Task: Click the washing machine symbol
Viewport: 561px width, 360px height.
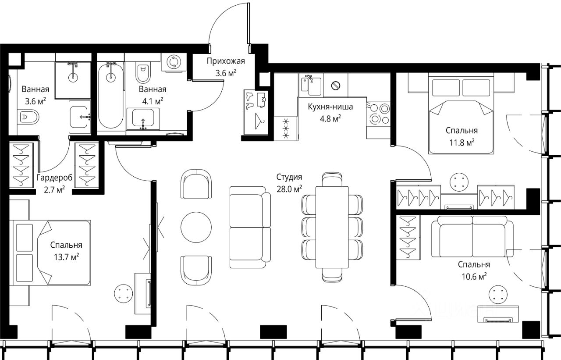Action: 174,62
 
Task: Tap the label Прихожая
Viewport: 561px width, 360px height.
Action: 226,61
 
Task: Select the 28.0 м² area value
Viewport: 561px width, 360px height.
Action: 289,189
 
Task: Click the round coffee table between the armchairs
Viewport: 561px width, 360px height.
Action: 196,227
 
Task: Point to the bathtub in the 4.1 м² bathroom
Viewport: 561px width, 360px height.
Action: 110,95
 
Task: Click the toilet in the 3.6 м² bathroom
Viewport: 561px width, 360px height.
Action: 29,117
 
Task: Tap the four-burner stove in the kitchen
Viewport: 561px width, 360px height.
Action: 378,114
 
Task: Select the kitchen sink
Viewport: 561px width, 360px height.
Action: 311,85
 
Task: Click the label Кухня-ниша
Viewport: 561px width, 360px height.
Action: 330,107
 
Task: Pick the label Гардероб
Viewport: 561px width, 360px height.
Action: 54,178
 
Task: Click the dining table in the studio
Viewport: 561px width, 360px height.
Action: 332,227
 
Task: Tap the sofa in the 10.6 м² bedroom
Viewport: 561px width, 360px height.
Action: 472,236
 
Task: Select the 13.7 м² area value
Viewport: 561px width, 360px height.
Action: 66,257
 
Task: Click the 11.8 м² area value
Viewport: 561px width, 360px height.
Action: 462,143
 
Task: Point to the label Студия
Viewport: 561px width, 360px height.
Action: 289,177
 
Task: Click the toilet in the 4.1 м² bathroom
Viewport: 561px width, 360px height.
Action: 143,73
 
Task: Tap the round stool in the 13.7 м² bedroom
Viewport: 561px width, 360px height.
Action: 123,293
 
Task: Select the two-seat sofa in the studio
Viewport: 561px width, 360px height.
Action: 250,227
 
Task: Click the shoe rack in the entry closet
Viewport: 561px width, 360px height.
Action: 256,112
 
